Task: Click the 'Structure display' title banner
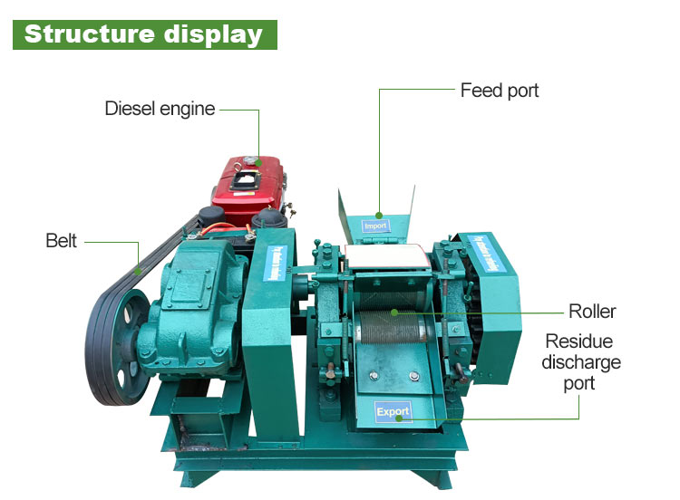pos(143,34)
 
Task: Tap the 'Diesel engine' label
pos(160,110)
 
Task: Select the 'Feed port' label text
pos(500,91)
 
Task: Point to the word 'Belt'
pos(62,241)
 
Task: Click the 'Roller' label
pos(592,312)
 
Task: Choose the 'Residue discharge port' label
pos(581,362)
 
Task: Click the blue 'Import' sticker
pos(375,226)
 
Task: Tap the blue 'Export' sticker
pos(393,411)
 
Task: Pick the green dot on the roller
pos(394,312)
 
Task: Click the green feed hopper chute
pos(376,213)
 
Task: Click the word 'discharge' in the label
pos(581,362)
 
